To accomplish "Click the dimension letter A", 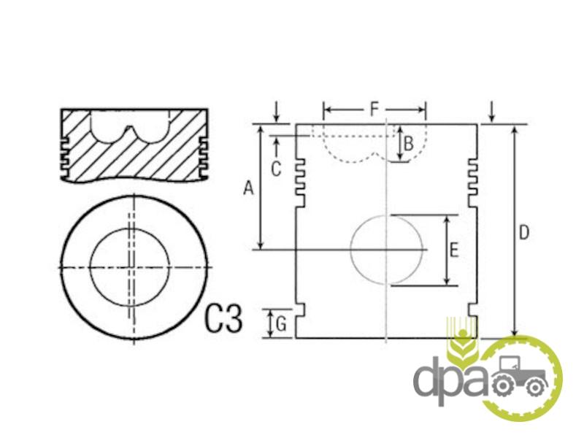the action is [x=248, y=188].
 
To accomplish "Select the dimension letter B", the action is [x=409, y=144].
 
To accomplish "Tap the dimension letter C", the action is [x=276, y=169].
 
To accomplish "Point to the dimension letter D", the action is [x=523, y=233].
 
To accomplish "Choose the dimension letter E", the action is [x=453, y=250].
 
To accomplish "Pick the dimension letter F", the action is [x=374, y=109].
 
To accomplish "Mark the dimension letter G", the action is [x=281, y=324].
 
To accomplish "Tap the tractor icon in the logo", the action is [x=520, y=376].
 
